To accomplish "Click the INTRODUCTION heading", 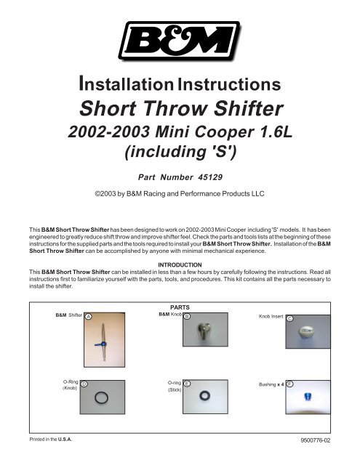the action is (180, 263).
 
